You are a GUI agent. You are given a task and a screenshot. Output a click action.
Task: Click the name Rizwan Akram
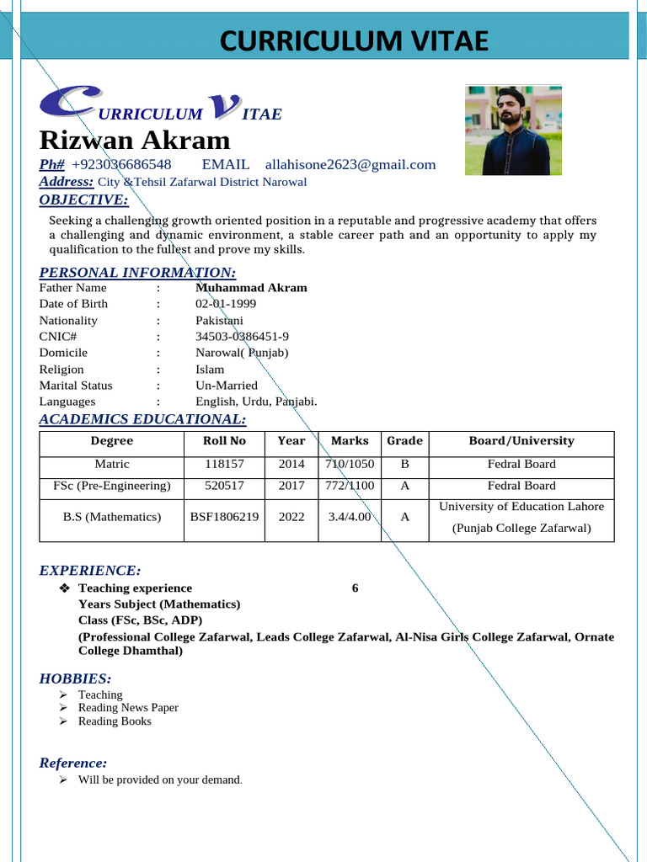134,140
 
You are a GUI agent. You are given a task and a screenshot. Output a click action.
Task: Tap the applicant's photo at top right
513,130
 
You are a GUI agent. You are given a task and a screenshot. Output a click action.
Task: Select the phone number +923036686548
121,164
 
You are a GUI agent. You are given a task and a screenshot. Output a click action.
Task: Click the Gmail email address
350,164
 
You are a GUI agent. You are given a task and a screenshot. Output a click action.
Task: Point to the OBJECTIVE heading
84,200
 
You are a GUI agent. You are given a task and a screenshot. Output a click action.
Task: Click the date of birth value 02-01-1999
226,304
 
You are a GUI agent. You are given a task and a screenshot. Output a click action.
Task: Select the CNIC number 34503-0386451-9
242,337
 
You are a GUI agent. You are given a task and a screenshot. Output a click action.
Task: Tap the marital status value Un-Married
227,386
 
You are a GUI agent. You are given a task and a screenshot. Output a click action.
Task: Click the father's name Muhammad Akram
251,288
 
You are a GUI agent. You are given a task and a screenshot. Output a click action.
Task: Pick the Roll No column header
225,441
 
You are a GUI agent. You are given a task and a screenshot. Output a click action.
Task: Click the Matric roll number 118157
225,464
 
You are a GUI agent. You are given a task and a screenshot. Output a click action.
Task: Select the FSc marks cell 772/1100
350,486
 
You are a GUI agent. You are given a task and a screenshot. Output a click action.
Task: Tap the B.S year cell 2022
291,518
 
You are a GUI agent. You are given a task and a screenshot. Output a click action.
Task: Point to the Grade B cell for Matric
404,464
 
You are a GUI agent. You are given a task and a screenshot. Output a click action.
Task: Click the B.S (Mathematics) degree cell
112,518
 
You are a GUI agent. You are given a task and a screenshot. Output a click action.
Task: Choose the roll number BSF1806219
225,518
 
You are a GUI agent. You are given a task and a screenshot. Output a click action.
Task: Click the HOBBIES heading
75,678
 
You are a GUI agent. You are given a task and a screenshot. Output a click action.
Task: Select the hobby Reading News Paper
128,708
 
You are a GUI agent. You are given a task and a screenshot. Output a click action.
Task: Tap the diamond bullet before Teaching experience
65,588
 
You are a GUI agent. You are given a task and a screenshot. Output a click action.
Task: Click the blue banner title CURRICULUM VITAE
354,40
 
